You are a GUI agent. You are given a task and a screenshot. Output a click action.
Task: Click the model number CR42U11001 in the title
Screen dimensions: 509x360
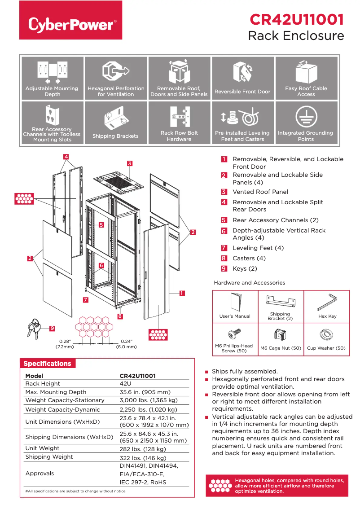[296, 19]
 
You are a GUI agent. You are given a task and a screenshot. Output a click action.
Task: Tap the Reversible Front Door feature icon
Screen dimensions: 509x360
[242, 72]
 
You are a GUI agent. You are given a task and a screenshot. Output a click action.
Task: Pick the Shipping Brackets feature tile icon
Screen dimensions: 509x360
[115, 118]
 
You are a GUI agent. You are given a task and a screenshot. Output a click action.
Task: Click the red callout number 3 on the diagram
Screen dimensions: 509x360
[129, 163]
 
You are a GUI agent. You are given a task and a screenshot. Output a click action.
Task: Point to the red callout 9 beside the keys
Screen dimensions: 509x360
[52, 329]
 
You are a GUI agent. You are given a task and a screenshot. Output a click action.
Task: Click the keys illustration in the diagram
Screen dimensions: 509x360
[34, 328]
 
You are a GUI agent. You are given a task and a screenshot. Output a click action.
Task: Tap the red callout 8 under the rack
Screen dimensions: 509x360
[120, 316]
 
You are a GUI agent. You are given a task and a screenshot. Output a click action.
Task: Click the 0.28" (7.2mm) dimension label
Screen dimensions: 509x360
[65, 344]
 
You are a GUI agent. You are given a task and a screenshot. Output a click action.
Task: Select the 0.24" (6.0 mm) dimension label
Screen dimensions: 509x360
[126, 344]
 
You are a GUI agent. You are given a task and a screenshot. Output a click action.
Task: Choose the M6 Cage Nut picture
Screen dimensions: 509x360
[281, 335]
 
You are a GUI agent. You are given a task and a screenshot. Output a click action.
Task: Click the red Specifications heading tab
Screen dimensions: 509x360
[47, 364]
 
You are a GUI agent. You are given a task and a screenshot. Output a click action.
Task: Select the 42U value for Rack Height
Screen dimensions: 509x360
[125, 384]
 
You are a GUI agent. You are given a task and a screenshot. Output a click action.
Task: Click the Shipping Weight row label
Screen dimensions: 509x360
[49, 457]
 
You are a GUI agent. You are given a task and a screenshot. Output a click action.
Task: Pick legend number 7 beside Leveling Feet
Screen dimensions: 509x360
[224, 248]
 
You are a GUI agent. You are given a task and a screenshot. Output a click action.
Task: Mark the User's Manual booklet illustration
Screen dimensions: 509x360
[235, 302]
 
